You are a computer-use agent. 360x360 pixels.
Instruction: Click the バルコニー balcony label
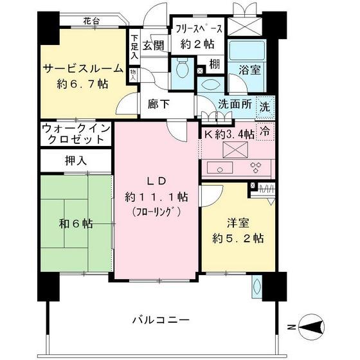coord(160,320)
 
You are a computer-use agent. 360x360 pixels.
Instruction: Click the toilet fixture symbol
coord(182,66)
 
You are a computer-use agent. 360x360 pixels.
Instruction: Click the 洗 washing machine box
coord(265,107)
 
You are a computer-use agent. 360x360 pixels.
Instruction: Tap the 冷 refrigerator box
coord(264,130)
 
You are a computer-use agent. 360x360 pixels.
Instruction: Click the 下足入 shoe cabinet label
coord(134,48)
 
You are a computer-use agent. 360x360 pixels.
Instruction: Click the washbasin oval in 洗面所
coord(212,84)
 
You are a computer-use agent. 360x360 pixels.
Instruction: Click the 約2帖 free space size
coord(198,45)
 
